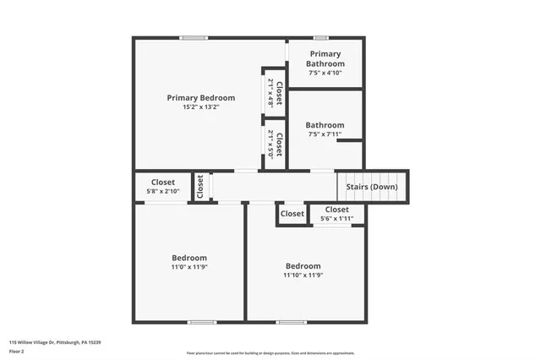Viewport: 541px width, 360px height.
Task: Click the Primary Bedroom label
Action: click(200, 97)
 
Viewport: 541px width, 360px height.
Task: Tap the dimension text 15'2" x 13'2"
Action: click(200, 107)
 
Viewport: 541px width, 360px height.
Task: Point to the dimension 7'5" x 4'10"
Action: click(325, 73)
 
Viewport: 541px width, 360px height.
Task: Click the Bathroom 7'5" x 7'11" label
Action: click(325, 124)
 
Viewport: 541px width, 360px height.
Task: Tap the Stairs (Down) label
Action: click(372, 187)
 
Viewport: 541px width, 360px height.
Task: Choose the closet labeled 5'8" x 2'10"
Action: click(163, 182)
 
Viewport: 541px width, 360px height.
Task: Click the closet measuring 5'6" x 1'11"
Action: click(336, 209)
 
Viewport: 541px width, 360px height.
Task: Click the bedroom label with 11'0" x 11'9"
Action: click(189, 258)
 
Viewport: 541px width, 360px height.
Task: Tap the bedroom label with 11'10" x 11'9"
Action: click(303, 265)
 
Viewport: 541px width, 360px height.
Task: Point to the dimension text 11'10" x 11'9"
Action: click(303, 275)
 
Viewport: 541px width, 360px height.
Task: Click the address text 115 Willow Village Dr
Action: click(55, 342)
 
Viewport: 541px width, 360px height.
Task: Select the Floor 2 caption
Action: click(17, 351)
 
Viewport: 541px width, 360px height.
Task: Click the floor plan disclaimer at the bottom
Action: click(270, 353)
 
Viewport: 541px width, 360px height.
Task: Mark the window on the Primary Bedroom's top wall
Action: click(194, 37)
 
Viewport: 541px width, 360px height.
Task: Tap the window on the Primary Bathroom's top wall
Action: click(320, 37)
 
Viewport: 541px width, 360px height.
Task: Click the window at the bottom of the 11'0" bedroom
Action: click(201, 322)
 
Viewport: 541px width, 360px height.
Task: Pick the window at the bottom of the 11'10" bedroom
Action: click(292, 322)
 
